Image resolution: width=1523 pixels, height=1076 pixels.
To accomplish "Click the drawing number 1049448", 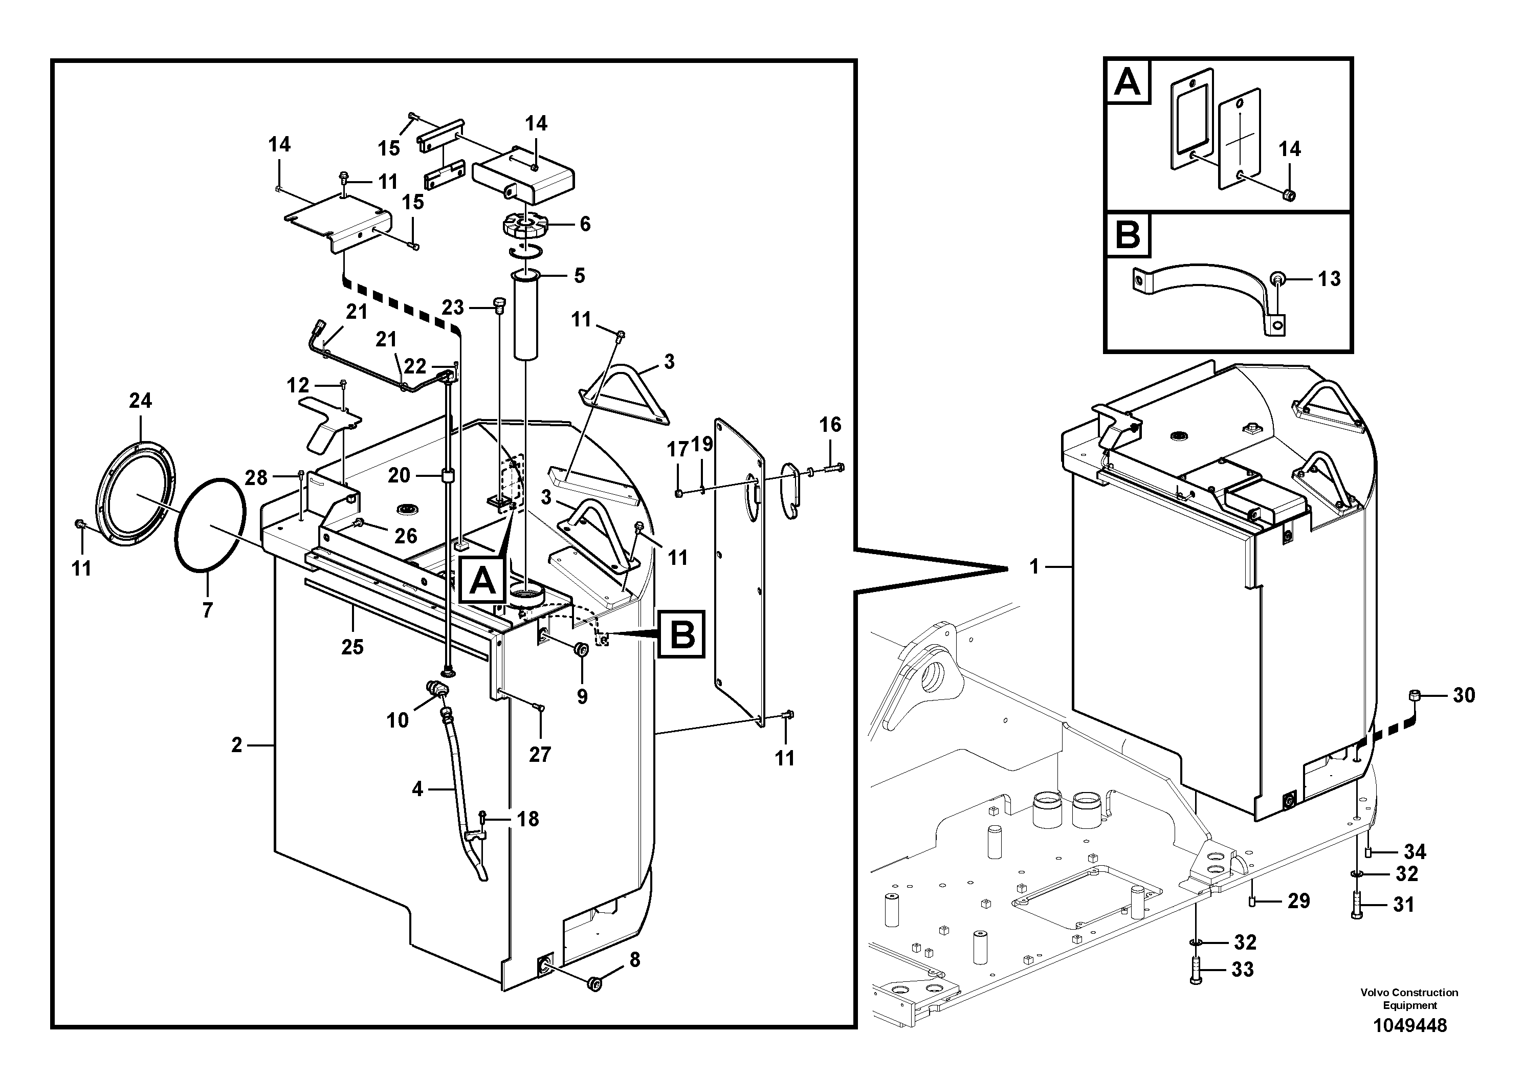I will tap(1409, 1025).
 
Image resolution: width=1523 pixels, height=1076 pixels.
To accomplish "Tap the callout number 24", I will tap(140, 401).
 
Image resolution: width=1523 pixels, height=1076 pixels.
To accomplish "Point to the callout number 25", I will tap(352, 647).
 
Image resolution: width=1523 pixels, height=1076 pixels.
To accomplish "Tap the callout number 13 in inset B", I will tap(1329, 279).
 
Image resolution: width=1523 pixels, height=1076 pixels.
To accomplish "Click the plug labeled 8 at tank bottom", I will tap(595, 984).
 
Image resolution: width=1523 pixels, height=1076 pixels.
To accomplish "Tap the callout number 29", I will tap(1298, 901).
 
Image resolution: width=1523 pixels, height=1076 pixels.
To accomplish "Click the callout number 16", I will tap(830, 425).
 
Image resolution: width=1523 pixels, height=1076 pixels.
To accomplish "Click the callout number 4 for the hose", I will tap(417, 789).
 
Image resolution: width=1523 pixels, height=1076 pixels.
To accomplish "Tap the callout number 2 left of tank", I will tap(237, 745).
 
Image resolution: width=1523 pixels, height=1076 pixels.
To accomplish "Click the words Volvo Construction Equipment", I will tap(1409, 998).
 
